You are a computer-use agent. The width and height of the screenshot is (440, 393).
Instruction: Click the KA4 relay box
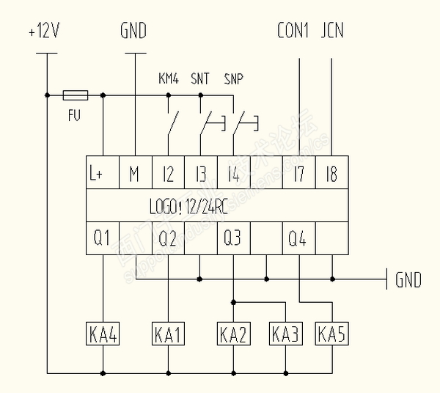click(x=102, y=334)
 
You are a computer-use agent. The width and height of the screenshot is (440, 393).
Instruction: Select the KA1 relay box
click(x=168, y=334)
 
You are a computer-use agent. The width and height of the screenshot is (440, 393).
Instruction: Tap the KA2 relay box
click(x=233, y=334)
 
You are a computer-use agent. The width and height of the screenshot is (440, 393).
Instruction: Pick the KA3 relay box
click(x=285, y=334)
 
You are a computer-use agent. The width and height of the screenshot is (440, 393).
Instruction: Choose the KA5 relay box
click(x=331, y=334)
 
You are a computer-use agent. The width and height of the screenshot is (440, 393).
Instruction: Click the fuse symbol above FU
click(x=75, y=95)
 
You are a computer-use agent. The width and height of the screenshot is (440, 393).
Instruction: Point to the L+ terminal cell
click(x=102, y=175)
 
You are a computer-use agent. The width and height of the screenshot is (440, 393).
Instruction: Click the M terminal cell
click(x=135, y=175)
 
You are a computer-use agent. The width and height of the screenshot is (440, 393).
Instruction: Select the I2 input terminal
click(x=168, y=175)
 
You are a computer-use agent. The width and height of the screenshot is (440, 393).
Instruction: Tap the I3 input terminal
click(x=200, y=175)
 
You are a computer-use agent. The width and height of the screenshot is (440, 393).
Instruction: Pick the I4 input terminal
click(x=233, y=175)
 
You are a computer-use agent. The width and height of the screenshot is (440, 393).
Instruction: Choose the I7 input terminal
click(x=298, y=175)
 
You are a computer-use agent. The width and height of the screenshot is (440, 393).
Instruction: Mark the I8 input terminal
click(x=331, y=175)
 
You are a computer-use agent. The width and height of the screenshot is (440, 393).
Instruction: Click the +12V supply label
click(x=45, y=33)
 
